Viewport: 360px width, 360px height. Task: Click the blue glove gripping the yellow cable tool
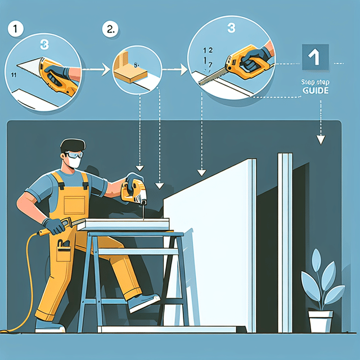55,226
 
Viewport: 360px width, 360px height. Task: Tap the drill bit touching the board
141,213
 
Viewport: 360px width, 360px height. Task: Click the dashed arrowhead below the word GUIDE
321,139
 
